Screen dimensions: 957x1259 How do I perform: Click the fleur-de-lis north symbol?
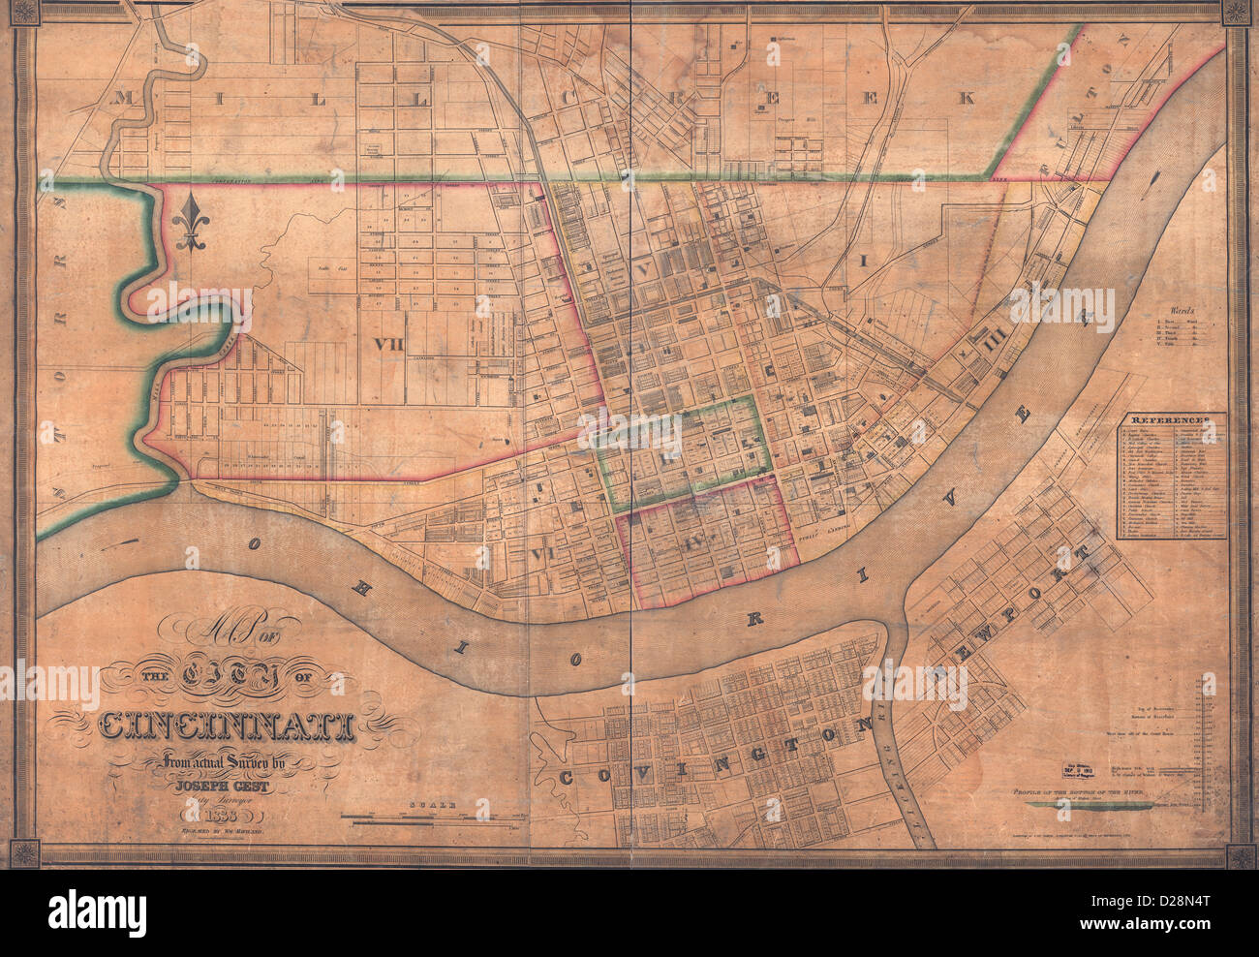click(191, 224)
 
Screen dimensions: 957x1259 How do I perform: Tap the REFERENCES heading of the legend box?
click(1173, 422)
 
